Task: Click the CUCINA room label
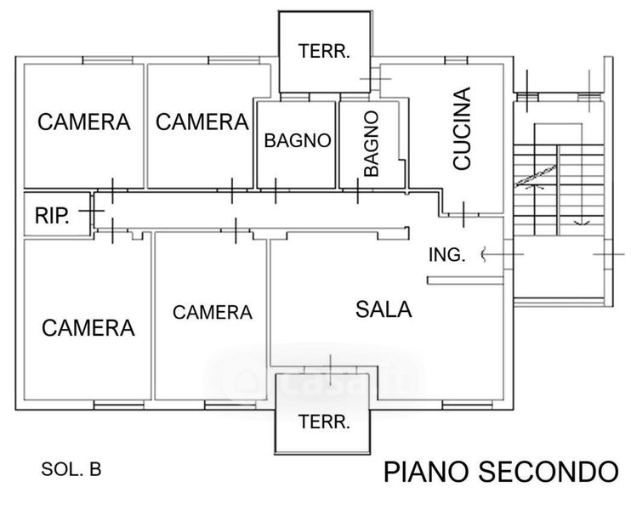coord(462,130)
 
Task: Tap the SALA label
coord(384,309)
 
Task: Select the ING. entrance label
coord(446,254)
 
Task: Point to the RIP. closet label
coord(51,216)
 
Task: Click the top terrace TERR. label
coord(324,51)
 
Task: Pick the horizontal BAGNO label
coord(297,141)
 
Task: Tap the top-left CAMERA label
coord(84,122)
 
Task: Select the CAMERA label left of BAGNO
coord(202,122)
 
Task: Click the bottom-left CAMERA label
coord(88,327)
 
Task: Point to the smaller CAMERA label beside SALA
coord(213,312)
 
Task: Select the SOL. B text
coord(71,468)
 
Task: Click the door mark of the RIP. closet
coord(96,207)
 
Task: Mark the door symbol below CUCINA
coord(463,214)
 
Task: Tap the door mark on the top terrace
coord(375,79)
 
